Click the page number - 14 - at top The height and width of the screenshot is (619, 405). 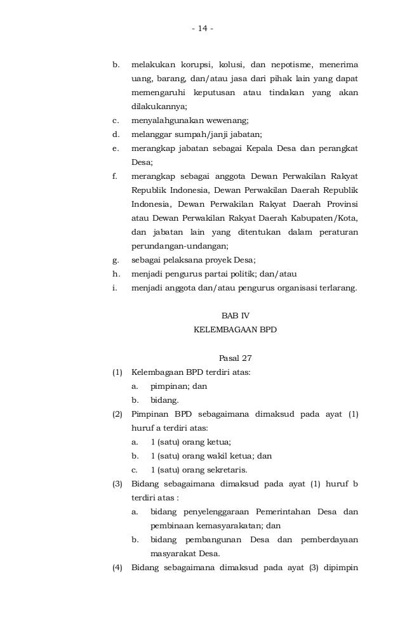[202, 29]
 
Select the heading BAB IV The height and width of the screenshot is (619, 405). [235, 315]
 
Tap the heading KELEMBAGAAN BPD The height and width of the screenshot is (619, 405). [235, 330]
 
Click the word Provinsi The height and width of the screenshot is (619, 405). [339, 204]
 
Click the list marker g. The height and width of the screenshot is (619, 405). [116, 259]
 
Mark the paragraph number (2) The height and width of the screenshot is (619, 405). [117, 414]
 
